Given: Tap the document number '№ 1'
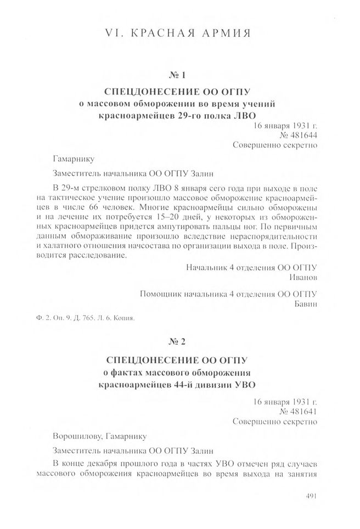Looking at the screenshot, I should click(179, 75).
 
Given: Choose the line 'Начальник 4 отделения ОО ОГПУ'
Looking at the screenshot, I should click(252, 267).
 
